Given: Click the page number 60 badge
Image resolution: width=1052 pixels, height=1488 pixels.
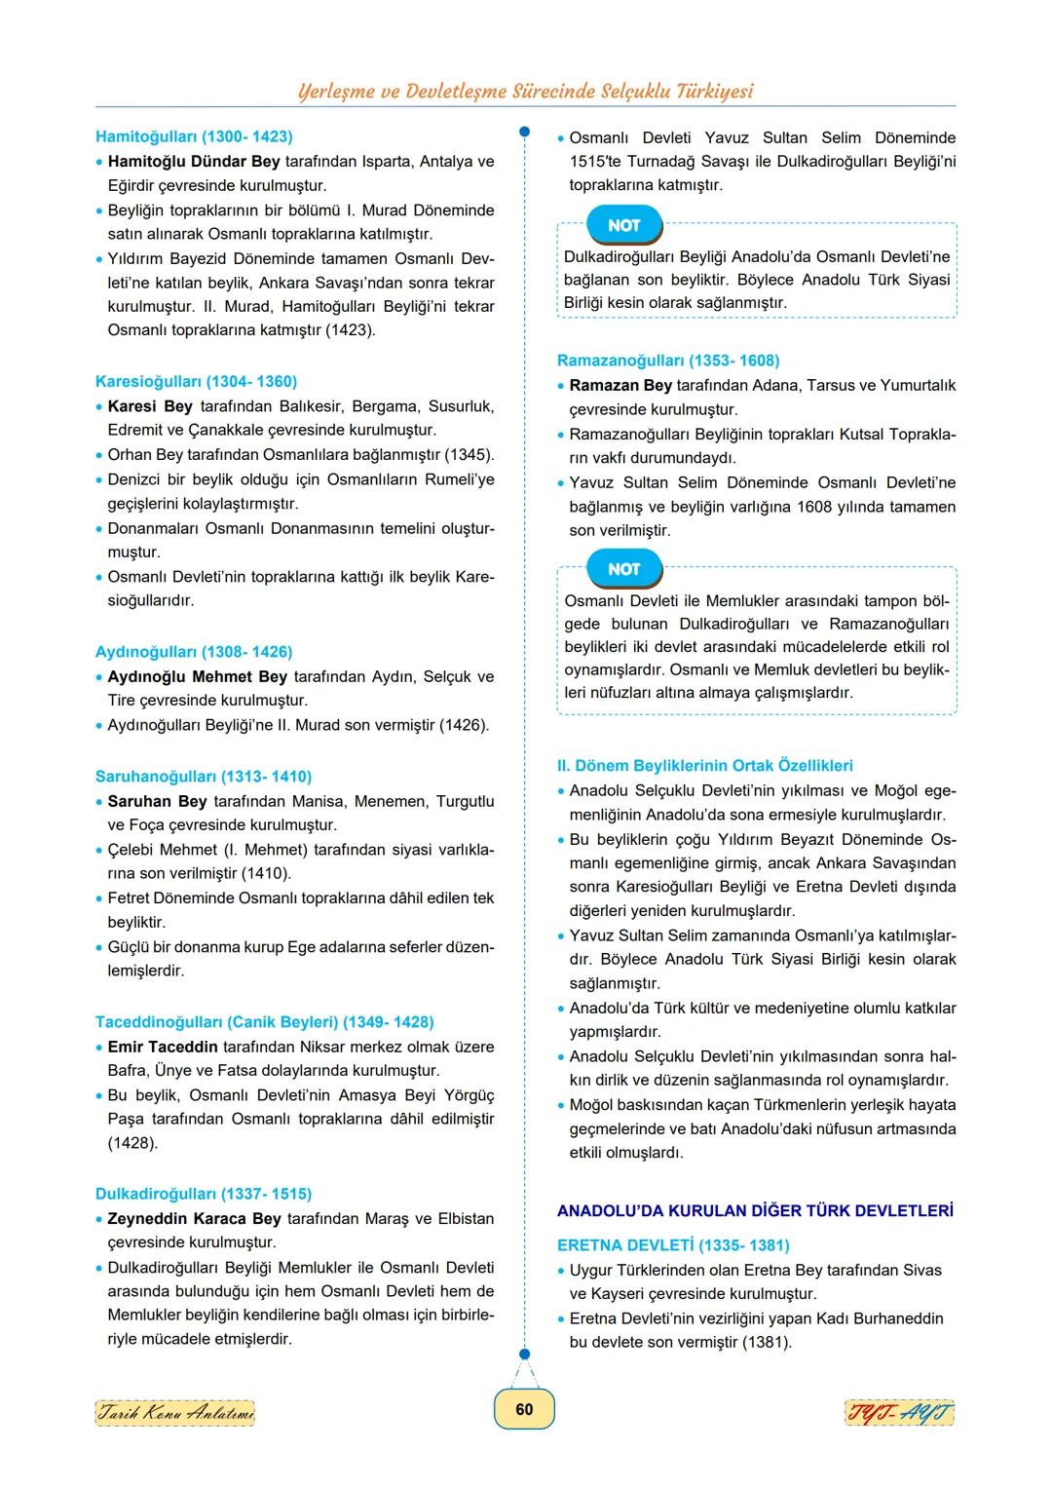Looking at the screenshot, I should [x=524, y=1409].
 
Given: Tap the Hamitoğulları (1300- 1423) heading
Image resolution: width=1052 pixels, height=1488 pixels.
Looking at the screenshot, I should [x=194, y=136].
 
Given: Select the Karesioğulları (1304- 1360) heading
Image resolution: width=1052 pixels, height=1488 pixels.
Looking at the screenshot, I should [x=196, y=381].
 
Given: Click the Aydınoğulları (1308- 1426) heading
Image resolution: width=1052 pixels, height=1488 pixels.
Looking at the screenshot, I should [x=194, y=651].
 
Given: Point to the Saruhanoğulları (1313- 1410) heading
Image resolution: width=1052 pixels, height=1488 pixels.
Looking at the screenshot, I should [x=204, y=777].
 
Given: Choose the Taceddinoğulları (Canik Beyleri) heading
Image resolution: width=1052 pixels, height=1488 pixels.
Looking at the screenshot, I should [x=264, y=1021].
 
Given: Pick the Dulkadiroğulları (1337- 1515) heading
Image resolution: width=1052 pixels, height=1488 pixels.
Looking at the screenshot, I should [x=204, y=1194].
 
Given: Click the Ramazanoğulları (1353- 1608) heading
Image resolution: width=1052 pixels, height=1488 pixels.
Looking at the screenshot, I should [x=668, y=360].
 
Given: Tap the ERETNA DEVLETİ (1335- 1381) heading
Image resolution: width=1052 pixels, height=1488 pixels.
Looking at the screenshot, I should [x=673, y=1244].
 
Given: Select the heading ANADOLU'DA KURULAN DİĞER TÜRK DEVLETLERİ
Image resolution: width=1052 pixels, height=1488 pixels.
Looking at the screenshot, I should [x=755, y=1210].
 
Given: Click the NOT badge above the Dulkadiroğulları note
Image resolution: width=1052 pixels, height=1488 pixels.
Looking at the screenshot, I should [x=624, y=225].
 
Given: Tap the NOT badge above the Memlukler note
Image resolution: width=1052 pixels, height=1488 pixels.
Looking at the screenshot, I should [x=624, y=569].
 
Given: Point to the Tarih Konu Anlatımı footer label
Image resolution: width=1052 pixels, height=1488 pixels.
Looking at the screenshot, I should [x=175, y=1413].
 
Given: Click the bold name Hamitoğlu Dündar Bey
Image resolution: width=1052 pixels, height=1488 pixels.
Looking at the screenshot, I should [x=194, y=161].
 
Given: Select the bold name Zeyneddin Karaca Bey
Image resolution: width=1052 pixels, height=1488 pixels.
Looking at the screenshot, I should [x=194, y=1218].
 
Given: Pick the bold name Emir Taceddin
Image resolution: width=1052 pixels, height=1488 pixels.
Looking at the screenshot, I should [x=163, y=1047].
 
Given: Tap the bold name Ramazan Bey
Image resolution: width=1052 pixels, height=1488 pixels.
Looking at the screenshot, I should [x=620, y=385].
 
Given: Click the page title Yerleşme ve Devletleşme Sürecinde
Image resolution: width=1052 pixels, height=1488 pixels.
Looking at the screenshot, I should [x=525, y=91].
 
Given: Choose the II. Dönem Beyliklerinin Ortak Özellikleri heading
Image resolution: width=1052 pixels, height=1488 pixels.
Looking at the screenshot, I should [x=705, y=766].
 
